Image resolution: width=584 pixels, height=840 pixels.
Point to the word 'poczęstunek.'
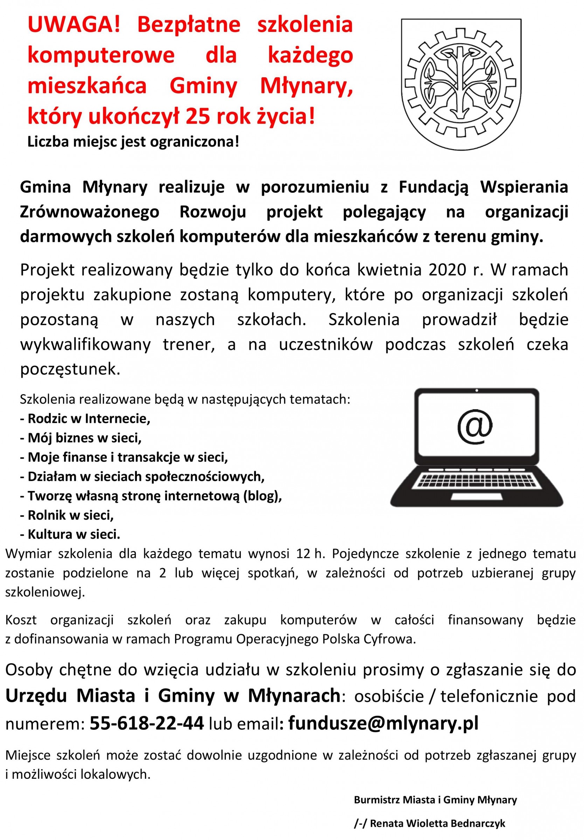click(70, 369)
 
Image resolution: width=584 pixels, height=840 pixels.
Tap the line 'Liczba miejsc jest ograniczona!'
click(133, 141)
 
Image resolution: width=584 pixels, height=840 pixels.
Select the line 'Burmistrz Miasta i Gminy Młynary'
click(436, 800)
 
